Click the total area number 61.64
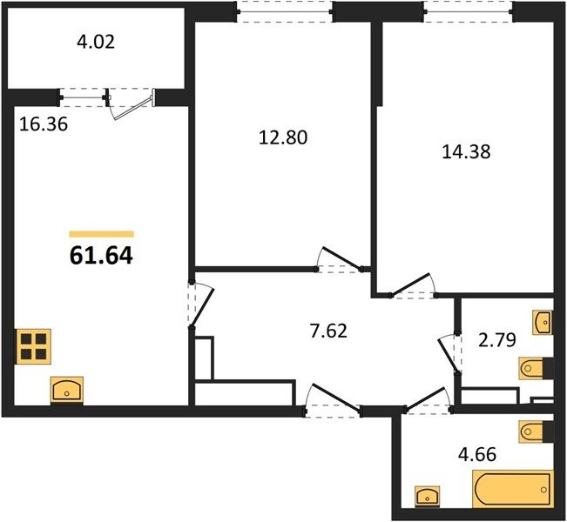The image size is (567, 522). [x=101, y=256]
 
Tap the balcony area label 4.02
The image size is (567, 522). [x=96, y=42]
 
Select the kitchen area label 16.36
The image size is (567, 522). [x=44, y=124]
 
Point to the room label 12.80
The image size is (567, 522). [x=283, y=137]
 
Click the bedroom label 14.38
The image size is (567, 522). [x=467, y=151]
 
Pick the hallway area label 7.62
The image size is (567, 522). [x=328, y=331]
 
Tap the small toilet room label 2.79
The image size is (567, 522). [x=497, y=340]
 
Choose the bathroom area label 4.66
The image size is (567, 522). [x=477, y=454]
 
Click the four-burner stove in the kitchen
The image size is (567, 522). [x=33, y=346]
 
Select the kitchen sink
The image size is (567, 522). [x=67, y=390]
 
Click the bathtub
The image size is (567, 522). [x=513, y=490]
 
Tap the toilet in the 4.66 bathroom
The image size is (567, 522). [x=530, y=431]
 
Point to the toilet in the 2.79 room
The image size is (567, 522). [x=530, y=369]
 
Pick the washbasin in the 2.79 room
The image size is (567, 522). [x=542, y=322]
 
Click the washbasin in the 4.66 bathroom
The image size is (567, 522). [x=428, y=495]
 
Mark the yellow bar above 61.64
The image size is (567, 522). [x=102, y=234]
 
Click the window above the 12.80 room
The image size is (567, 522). [x=285, y=12]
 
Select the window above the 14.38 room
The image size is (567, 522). [x=469, y=12]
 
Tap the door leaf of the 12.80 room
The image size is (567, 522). [x=342, y=258]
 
